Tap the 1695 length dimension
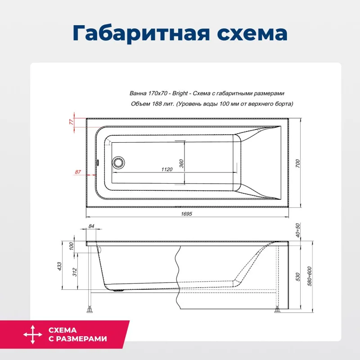click(x=186, y=214)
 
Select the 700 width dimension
click(x=297, y=164)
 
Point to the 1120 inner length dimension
click(x=166, y=169)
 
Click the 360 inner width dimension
click(x=181, y=163)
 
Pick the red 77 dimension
click(x=71, y=122)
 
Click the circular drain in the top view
click(x=119, y=162)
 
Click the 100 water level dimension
click(x=71, y=247)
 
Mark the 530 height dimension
click(x=297, y=277)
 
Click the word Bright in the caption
click(x=180, y=94)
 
